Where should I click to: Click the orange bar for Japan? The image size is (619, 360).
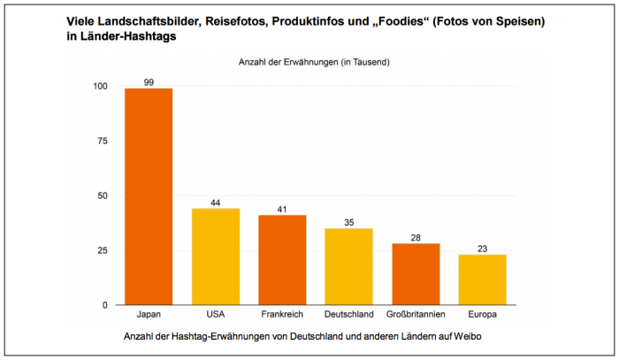point(149,196)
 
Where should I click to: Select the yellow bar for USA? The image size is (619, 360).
point(216,257)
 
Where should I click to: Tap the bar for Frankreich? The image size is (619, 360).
point(282,260)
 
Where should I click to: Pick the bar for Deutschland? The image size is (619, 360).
point(348,266)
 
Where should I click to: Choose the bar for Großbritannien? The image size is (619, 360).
point(416,274)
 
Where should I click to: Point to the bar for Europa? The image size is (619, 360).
point(482,280)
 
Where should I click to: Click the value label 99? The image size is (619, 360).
point(149,82)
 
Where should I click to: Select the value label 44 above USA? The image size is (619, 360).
point(216,203)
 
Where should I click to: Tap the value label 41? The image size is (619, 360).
point(282,210)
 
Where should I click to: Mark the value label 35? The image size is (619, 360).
point(348,223)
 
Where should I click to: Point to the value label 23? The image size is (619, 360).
point(482,249)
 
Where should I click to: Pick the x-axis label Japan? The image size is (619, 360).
point(149,315)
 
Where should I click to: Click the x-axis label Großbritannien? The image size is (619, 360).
point(416,315)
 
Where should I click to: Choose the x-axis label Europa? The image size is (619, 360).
point(482,315)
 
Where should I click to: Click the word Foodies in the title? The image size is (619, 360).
point(389,19)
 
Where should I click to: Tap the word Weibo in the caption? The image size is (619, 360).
point(463,337)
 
